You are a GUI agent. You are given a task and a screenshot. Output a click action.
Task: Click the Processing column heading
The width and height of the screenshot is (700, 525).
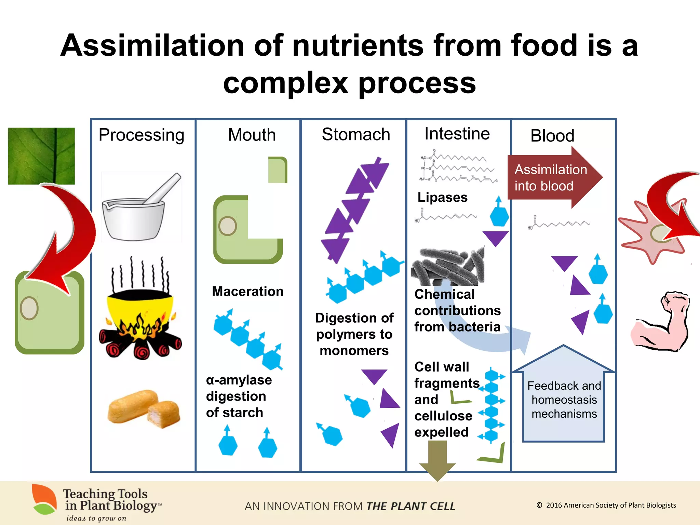pyautogui.click(x=141, y=135)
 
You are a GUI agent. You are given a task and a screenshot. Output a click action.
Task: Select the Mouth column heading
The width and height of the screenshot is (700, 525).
pyautogui.click(x=252, y=135)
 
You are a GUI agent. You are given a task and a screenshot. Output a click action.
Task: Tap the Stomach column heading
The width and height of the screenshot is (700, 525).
pyautogui.click(x=356, y=134)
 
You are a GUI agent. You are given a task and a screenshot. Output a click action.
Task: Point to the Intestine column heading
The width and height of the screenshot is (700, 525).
pyautogui.click(x=457, y=134)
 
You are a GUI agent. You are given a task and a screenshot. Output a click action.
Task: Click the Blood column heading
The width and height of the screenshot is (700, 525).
pyautogui.click(x=552, y=136)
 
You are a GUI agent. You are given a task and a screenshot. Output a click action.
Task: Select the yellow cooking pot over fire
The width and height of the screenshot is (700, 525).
pyautogui.click(x=140, y=314)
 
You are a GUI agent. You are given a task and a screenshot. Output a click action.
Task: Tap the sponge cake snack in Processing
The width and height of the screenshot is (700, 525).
pyautogui.click(x=144, y=408)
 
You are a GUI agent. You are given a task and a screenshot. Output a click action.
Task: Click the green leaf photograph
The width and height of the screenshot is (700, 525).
pyautogui.click(x=41, y=156)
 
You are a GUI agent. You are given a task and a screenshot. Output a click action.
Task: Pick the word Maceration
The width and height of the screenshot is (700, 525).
pyautogui.click(x=247, y=292)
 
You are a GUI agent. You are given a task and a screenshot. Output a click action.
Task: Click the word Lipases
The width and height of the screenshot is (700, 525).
pyautogui.click(x=442, y=198)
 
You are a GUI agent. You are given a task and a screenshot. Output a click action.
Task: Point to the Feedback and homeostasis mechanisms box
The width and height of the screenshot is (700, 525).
pyautogui.click(x=564, y=400)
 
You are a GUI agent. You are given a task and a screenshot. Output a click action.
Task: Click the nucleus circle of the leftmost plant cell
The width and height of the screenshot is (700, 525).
pyautogui.click(x=29, y=308)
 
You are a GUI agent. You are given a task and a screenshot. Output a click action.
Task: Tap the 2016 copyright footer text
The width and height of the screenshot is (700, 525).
pyautogui.click(x=606, y=505)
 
